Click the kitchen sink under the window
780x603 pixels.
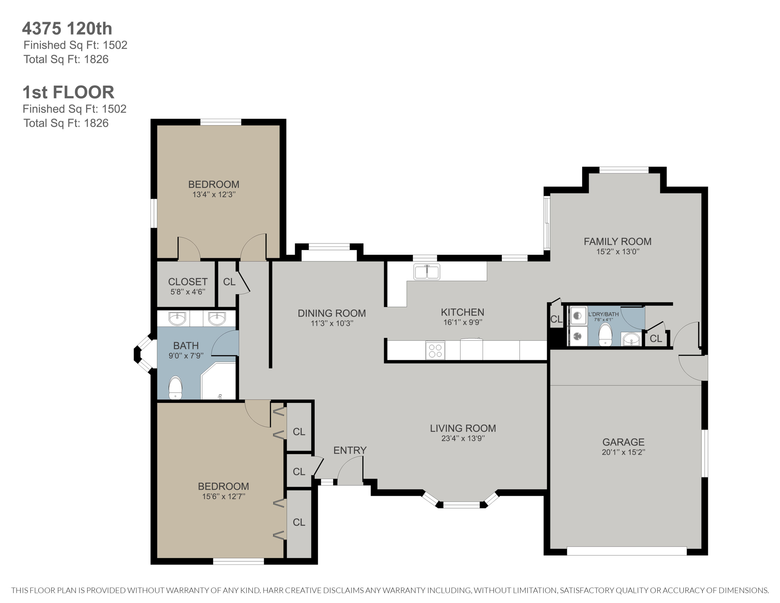[427, 272]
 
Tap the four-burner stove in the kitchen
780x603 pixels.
[435, 350]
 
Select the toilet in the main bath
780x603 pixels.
[175, 388]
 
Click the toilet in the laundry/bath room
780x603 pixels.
[605, 335]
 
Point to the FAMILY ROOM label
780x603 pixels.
[617, 241]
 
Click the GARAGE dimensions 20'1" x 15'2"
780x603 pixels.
[623, 452]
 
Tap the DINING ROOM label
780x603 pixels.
[332, 313]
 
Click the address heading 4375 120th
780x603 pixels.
[67, 29]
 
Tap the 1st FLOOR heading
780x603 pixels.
[68, 92]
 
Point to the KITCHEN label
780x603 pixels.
[463, 312]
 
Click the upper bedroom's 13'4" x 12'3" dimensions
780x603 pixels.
[214, 195]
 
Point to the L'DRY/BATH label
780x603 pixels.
[603, 314]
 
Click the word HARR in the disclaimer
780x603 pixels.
[273, 590]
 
